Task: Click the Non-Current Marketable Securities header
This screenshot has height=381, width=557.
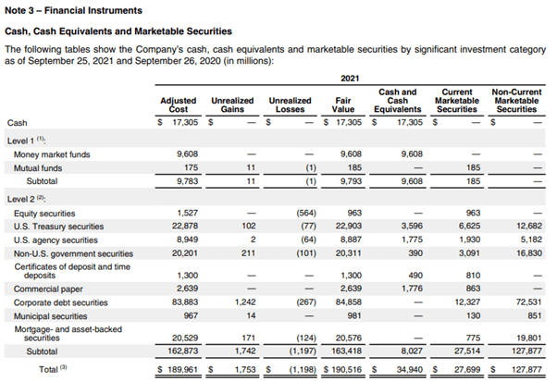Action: tap(515, 98)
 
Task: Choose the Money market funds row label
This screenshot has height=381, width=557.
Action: tap(53, 154)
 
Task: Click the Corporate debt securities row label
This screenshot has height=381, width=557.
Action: tap(65, 301)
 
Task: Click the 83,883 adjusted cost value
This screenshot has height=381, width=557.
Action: tap(183, 301)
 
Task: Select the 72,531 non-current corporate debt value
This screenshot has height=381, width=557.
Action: tap(525, 301)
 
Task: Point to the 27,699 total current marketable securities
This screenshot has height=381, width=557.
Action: tap(465, 368)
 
